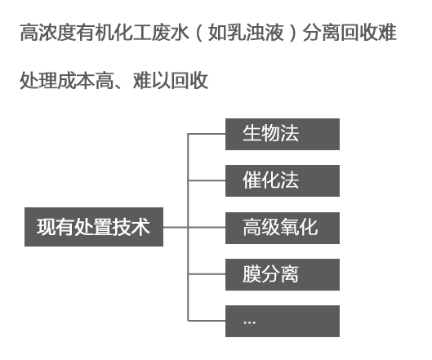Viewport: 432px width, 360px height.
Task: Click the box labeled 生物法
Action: pos(282,134)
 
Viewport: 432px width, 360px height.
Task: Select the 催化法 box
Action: pos(282,180)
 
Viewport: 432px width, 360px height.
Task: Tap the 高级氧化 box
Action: pos(282,227)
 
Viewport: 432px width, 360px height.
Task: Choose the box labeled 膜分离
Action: pos(282,273)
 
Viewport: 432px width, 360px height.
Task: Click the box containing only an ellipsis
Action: pos(282,321)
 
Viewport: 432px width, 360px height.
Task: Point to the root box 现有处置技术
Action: pos(93,227)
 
